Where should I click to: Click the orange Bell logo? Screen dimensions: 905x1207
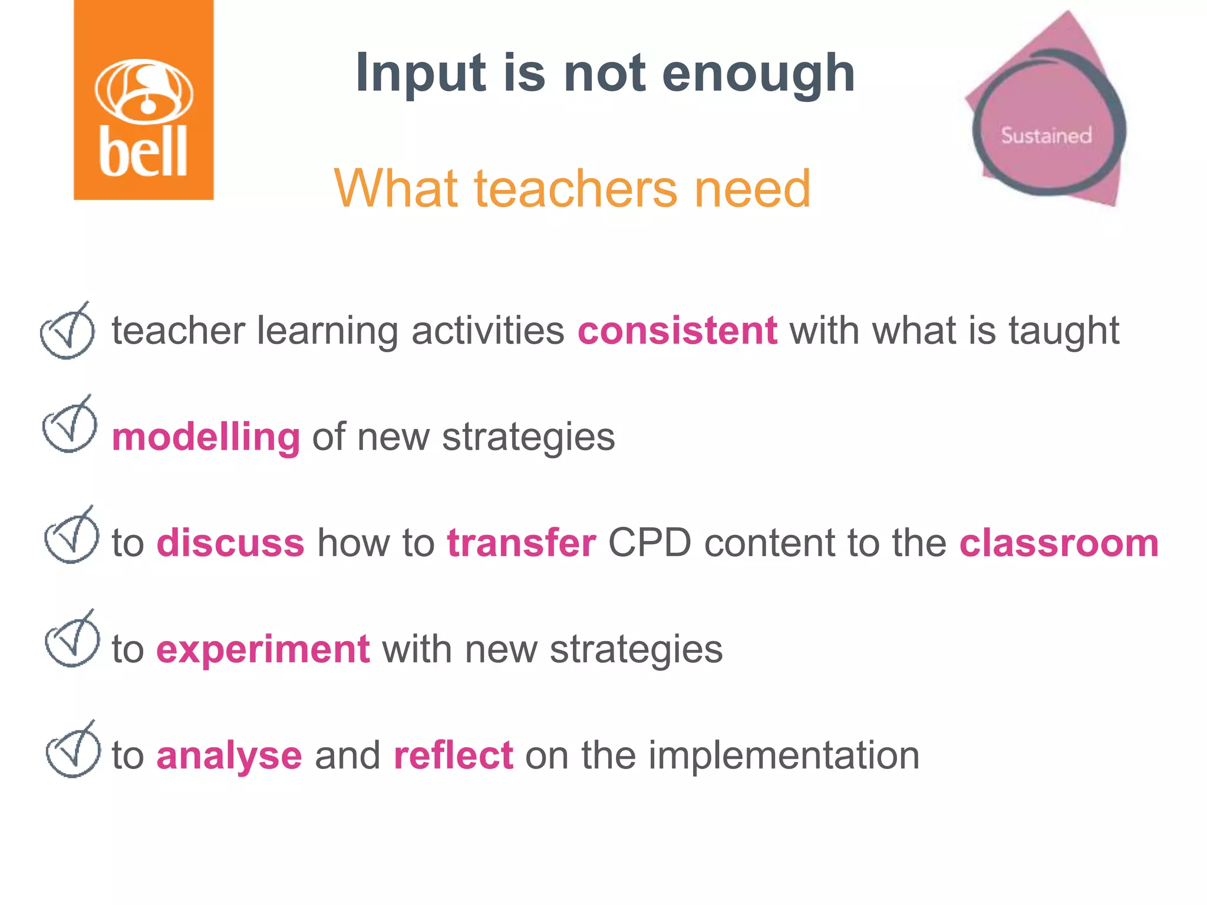pos(143,100)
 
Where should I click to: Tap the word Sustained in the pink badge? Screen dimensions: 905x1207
pos(1046,136)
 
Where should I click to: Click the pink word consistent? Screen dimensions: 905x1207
pos(677,331)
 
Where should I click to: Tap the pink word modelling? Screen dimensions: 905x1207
pos(206,437)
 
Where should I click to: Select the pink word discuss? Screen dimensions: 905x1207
pos(230,543)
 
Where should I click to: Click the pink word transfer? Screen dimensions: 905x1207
pos(521,543)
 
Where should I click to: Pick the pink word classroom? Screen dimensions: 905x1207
pos(1058,543)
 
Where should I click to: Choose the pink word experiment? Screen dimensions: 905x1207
pos(263,649)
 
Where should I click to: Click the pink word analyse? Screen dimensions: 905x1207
pos(229,757)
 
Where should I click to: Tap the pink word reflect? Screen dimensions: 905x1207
pos(453,755)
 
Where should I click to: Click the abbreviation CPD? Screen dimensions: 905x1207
pos(649,543)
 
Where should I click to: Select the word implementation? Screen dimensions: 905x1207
pos(784,755)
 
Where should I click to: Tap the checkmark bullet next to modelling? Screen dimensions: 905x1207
pos(70,426)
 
